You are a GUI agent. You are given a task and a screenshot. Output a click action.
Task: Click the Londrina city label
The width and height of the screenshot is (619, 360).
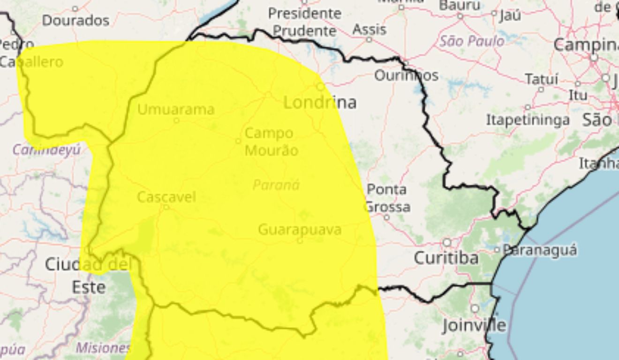click(x=320, y=102)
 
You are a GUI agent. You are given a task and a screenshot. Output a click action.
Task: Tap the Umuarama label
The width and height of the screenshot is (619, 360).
click(x=176, y=110)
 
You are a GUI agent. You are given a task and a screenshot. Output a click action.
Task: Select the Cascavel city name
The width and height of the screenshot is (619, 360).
click(x=166, y=197)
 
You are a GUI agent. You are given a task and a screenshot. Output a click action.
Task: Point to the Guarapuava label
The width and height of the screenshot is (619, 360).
click(x=300, y=230)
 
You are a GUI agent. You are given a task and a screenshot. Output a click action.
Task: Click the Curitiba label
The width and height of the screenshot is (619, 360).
click(x=446, y=258)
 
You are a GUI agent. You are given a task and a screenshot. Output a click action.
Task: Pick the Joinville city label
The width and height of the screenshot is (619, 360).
click(x=474, y=325)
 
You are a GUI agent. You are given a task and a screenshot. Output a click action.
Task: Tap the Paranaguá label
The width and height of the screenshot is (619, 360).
click(x=540, y=250)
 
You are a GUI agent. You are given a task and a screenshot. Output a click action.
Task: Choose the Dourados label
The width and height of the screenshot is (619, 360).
click(x=75, y=20)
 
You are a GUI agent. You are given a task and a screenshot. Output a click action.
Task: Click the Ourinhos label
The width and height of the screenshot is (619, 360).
click(x=406, y=75)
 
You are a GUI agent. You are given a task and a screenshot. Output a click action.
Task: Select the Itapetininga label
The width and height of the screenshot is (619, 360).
click(x=528, y=120)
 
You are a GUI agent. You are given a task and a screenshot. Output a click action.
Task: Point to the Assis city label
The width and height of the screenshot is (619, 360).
click(x=370, y=30)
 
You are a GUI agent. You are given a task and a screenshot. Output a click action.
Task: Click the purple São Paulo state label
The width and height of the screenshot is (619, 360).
click(x=472, y=41)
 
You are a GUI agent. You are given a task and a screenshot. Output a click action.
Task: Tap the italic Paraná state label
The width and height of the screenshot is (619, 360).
click(x=276, y=185)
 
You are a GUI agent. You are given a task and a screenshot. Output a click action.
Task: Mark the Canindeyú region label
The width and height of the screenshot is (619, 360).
click(x=46, y=150)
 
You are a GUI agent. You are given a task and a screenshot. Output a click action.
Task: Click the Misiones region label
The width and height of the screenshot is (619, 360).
click(x=103, y=348)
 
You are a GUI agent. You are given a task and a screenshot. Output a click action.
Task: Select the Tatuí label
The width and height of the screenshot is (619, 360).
click(x=542, y=79)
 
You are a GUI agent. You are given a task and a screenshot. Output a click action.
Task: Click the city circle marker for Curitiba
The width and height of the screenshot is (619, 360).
click(x=447, y=242)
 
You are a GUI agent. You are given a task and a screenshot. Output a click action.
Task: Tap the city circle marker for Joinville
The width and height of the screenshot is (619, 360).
click(x=475, y=308)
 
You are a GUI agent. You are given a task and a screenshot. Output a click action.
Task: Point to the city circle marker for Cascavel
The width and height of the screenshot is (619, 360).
click(x=166, y=207)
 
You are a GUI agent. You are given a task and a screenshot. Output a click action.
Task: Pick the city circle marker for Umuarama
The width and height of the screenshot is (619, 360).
click(x=176, y=120)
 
